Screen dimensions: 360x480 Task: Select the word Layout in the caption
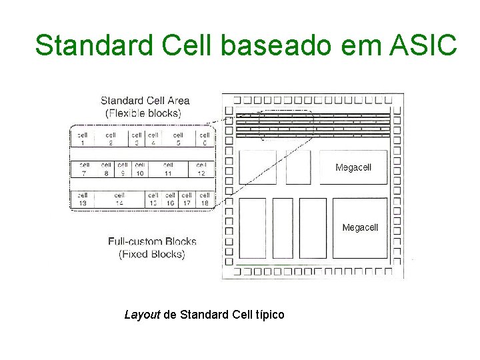click(x=142, y=314)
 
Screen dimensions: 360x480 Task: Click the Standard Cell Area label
click(x=145, y=101)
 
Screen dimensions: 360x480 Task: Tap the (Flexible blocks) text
click(x=143, y=113)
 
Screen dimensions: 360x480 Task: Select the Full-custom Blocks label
click(x=152, y=241)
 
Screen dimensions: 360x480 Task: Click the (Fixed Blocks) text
click(x=151, y=254)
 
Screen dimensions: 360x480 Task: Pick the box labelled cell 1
click(x=83, y=139)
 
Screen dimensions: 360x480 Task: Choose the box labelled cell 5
click(x=178, y=139)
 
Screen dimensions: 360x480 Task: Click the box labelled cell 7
click(x=84, y=169)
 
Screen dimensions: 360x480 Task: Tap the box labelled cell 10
click(x=139, y=169)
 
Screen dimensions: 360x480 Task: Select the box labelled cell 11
click(x=168, y=169)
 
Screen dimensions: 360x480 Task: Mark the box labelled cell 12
click(x=201, y=169)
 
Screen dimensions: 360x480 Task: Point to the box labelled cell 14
click(x=119, y=199)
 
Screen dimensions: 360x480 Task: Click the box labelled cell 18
click(x=205, y=199)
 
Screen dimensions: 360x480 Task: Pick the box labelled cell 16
click(x=170, y=199)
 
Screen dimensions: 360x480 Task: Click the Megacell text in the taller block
click(x=359, y=227)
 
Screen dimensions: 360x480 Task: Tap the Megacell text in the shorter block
click(x=353, y=167)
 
